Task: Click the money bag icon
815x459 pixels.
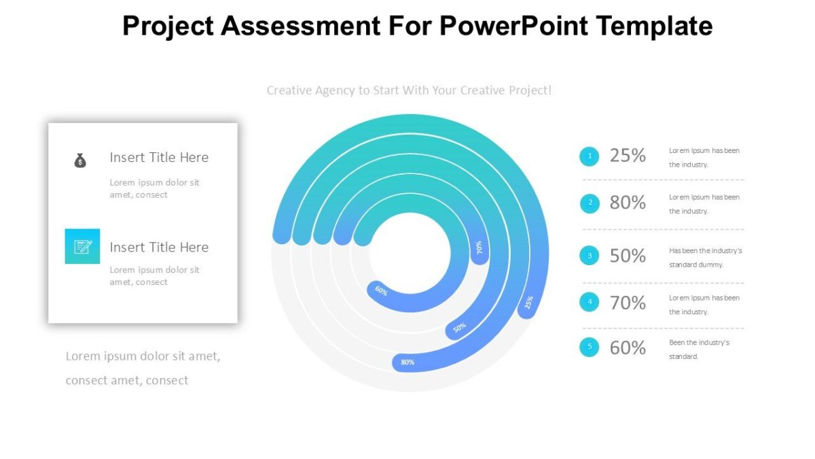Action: [80, 160]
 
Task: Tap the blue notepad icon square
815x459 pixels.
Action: [82, 246]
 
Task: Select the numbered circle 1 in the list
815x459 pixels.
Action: [589, 156]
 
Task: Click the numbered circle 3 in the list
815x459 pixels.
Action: [589, 256]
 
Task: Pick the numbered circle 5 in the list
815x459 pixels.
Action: [589, 347]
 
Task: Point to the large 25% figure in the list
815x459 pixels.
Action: [628, 156]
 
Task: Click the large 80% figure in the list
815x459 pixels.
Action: [628, 203]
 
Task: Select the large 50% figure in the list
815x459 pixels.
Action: [628, 256]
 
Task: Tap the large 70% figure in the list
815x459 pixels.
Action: [628, 303]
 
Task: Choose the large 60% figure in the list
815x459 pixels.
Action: [628, 347]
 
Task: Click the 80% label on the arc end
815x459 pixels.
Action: [407, 362]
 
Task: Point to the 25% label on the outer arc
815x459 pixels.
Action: [529, 302]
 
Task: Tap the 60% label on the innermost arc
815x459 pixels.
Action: [382, 292]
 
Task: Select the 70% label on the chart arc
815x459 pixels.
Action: [479, 248]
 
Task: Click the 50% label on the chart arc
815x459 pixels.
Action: [460, 328]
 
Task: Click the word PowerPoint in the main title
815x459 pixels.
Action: [514, 26]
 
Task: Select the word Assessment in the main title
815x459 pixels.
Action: [300, 26]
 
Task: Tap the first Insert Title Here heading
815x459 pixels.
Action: [159, 157]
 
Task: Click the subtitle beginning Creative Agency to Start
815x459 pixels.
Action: [409, 90]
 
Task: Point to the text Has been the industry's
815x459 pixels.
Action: [705, 250]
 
